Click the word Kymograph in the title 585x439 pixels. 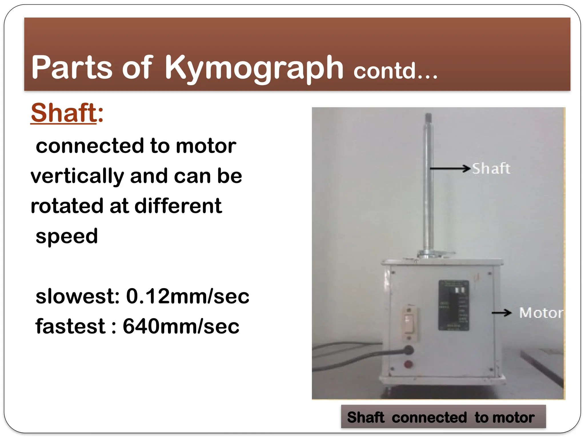(x=254, y=68)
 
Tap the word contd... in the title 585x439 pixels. (x=395, y=71)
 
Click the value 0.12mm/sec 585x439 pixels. (x=187, y=296)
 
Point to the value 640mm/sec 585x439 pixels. (x=181, y=326)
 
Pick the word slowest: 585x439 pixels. (x=78, y=296)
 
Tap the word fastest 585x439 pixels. (x=70, y=326)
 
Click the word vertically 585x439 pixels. (x=77, y=176)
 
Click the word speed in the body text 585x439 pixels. (x=67, y=236)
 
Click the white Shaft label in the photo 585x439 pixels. (x=491, y=169)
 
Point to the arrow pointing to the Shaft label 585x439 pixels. (x=450, y=169)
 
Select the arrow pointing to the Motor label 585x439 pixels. (x=502, y=313)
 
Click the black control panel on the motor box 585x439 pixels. (x=454, y=305)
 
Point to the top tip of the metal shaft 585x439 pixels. (x=428, y=117)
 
